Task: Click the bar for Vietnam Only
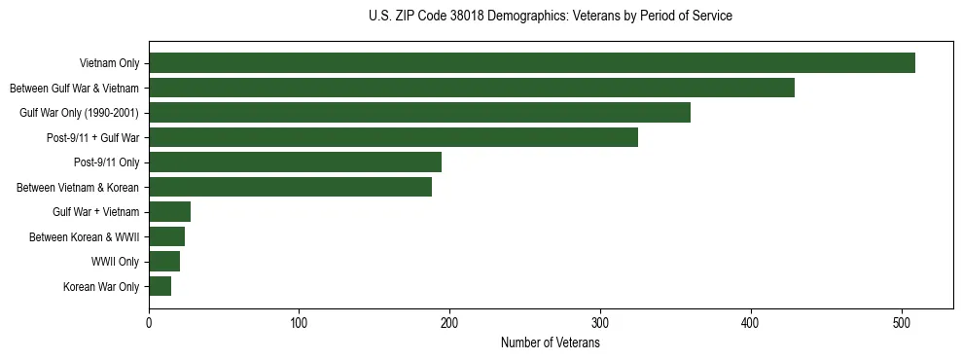pos(532,63)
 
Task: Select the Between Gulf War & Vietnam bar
pos(472,88)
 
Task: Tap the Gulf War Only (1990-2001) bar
pos(419,113)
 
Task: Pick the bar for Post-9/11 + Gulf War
pos(393,137)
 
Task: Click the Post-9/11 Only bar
pos(295,162)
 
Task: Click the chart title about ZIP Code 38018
pos(551,17)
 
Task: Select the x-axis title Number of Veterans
pos(551,343)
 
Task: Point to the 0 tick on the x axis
pos(149,324)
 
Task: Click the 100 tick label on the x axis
pos(300,324)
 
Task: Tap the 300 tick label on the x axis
pos(600,324)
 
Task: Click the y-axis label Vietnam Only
pos(109,64)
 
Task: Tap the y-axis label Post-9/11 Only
pos(107,162)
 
